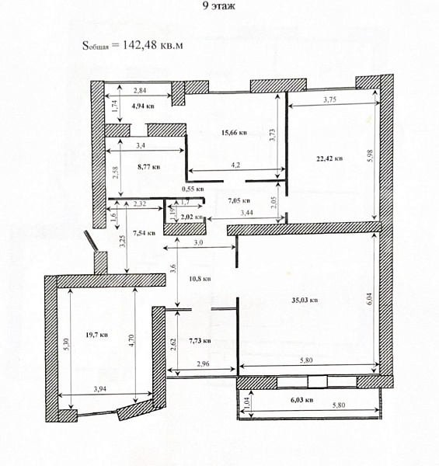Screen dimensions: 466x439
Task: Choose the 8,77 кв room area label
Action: pyautogui.click(x=148, y=166)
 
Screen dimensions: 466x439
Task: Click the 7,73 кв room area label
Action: pyautogui.click(x=201, y=339)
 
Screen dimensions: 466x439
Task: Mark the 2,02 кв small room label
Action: pyautogui.click(x=191, y=218)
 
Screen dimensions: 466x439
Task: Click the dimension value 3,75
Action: pyautogui.click(x=335, y=99)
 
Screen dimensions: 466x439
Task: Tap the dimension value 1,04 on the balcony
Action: pyautogui.click(x=248, y=404)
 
